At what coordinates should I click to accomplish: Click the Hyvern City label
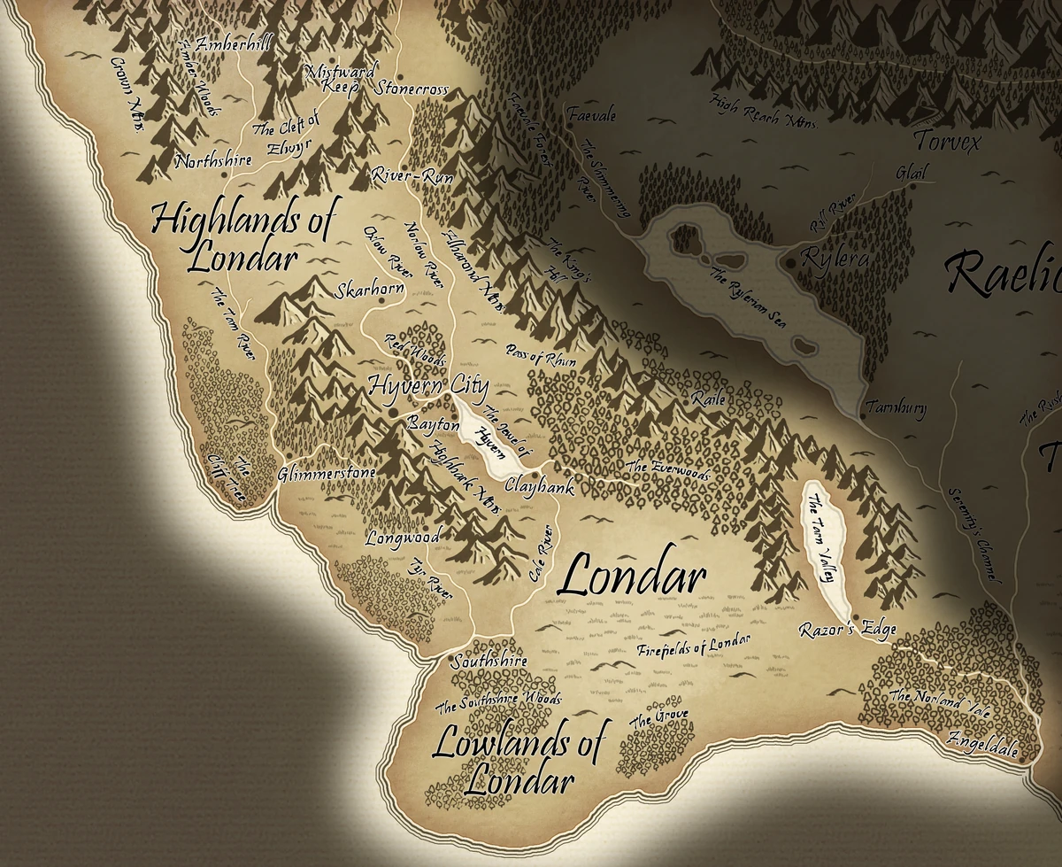click(427, 386)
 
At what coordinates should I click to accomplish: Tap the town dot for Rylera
click(790, 264)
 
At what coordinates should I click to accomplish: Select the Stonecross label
click(412, 89)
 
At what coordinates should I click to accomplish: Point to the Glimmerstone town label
click(327, 474)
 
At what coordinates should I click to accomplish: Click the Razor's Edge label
click(847, 630)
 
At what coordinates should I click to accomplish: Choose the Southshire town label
click(489, 661)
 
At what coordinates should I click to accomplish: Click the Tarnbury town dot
click(863, 414)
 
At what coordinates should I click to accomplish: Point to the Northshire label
click(213, 161)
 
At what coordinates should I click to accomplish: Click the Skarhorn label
click(370, 290)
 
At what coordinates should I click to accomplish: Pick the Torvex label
click(947, 140)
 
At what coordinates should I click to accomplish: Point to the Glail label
click(911, 173)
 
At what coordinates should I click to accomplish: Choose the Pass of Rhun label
click(541, 357)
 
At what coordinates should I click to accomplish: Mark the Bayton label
click(433, 425)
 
